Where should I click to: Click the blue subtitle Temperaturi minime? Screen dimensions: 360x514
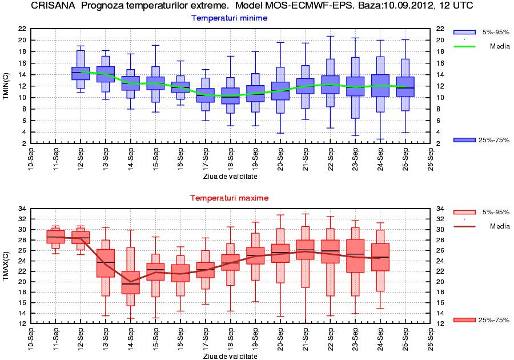click(229, 18)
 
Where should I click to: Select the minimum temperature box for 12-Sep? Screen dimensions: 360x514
click(81, 73)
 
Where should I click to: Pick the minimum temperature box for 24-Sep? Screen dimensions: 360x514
click(380, 85)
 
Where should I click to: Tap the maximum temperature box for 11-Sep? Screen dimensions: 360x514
click(55, 237)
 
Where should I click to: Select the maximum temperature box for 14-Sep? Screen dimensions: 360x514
click(131, 282)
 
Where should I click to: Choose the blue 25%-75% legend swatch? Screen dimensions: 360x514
click(464, 140)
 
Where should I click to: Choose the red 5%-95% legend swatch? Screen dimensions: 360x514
click(464, 212)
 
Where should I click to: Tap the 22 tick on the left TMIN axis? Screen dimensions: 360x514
click(21, 29)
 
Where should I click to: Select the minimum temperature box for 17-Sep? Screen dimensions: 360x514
click(206, 95)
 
